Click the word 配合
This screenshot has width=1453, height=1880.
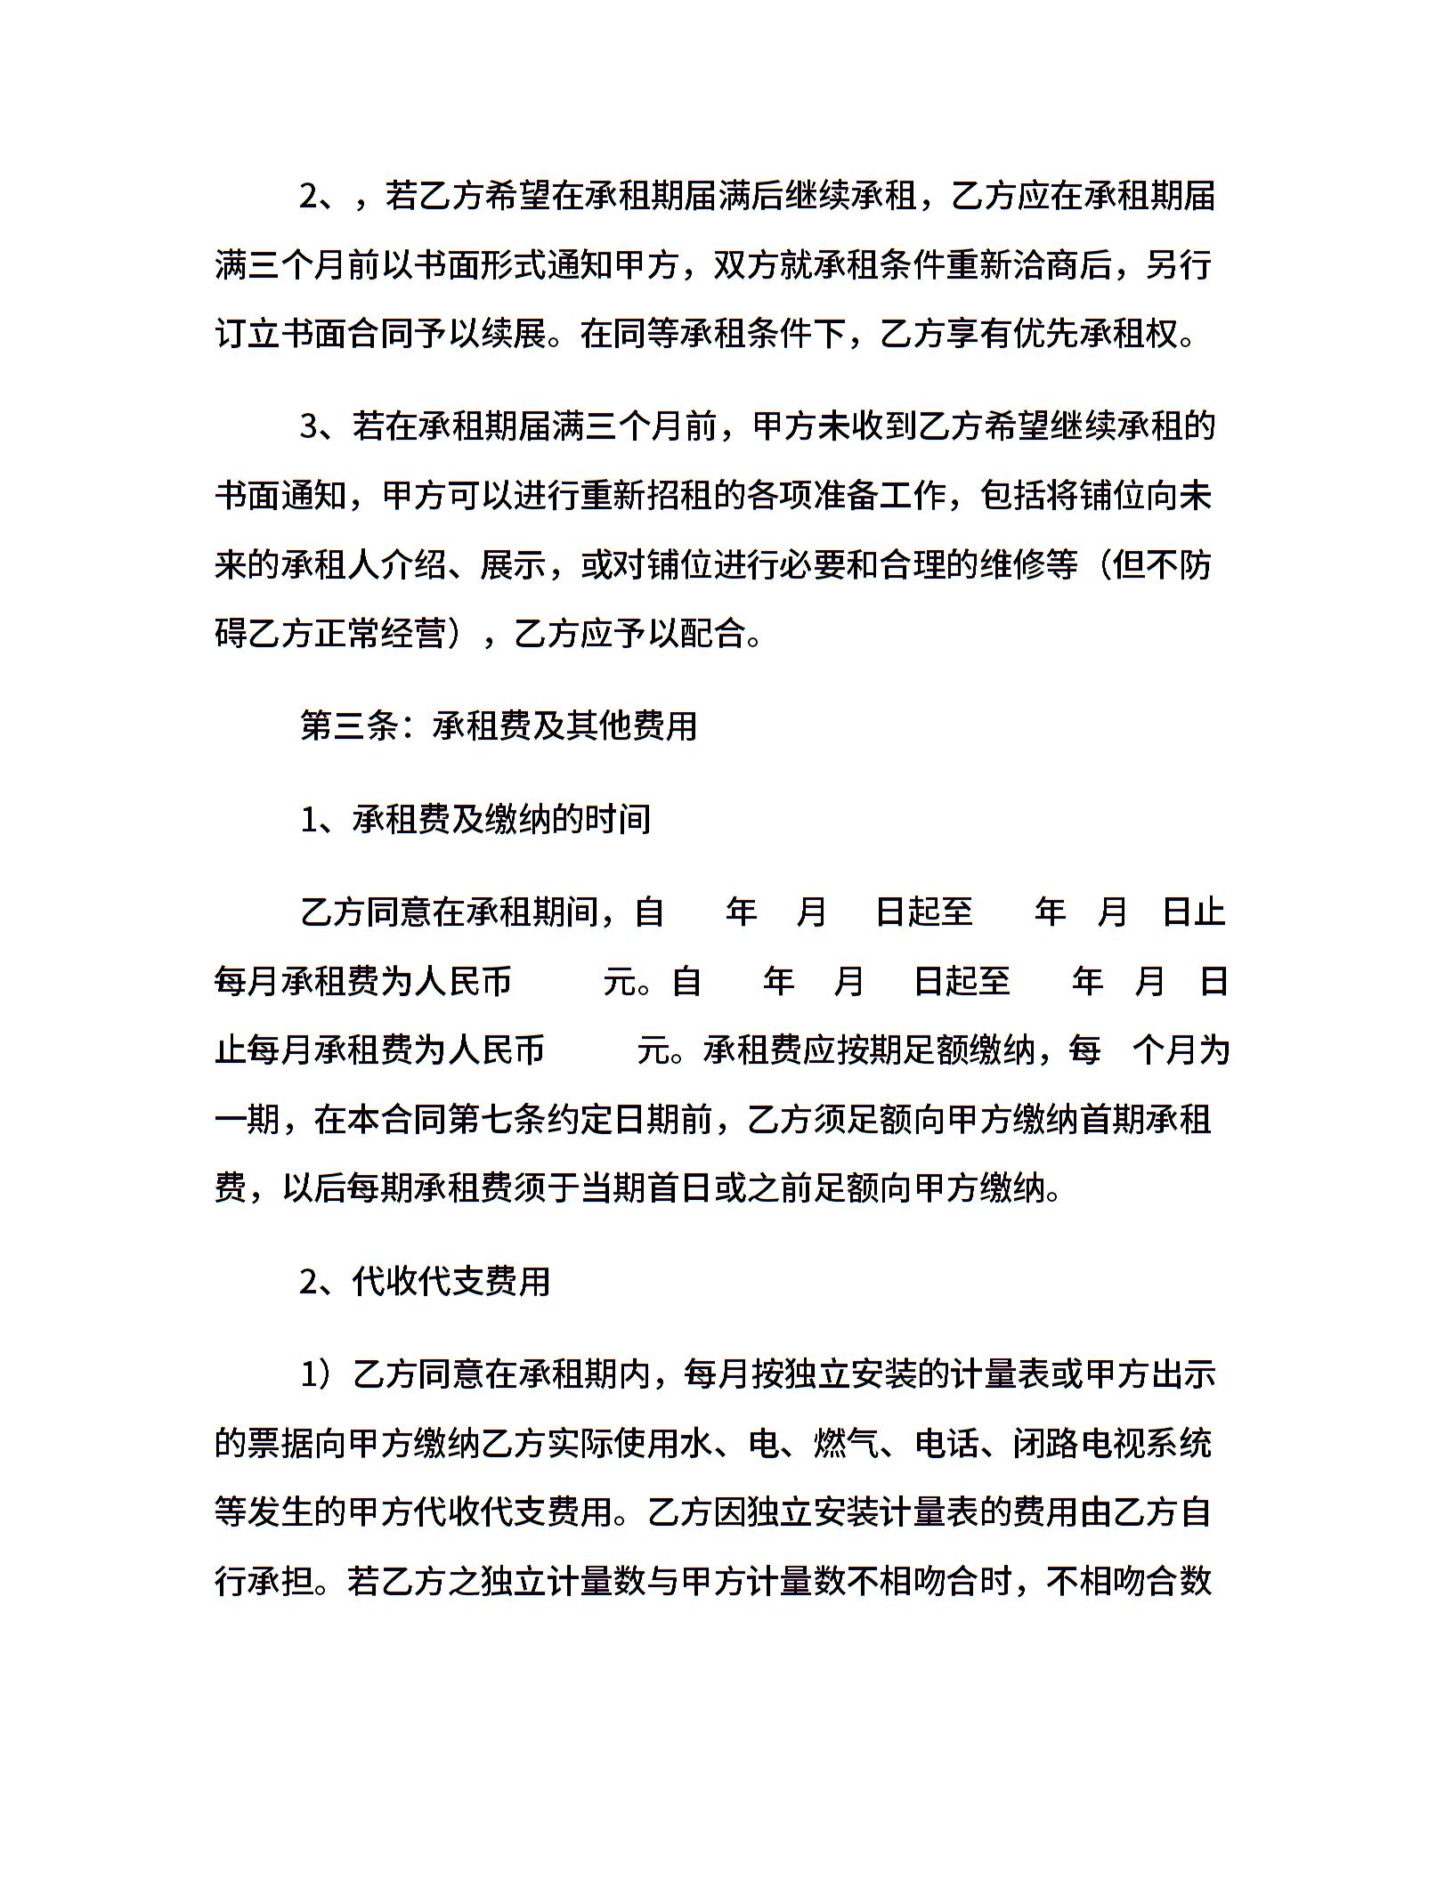pyautogui.click(x=713, y=634)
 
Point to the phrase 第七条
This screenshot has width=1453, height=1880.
pyautogui.click(x=499, y=1120)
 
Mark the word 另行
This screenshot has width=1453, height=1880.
pyautogui.click(x=1179, y=264)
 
